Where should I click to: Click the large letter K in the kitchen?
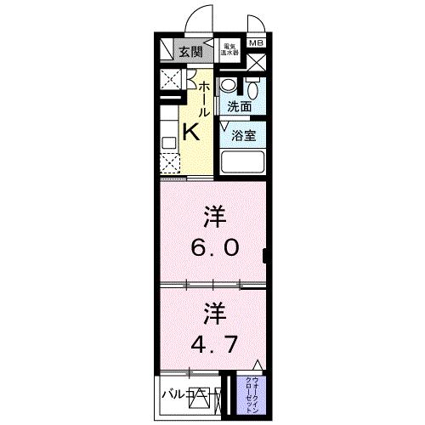(191, 132)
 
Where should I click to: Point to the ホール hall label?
(204, 99)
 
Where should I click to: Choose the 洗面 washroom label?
(239, 107)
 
